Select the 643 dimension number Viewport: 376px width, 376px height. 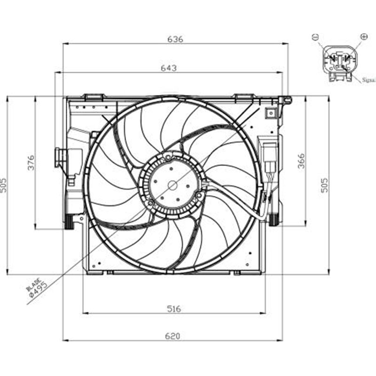pyautogui.click(x=168, y=68)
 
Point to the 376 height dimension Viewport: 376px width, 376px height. pyautogui.click(x=31, y=163)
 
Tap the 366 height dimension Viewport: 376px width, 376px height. pyautogui.click(x=301, y=162)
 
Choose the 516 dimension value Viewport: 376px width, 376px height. pyautogui.click(x=173, y=308)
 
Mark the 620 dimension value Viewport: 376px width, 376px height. pyautogui.click(x=173, y=336)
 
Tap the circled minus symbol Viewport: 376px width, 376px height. pyautogui.click(x=315, y=37)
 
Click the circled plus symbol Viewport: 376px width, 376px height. pyautogui.click(x=363, y=36)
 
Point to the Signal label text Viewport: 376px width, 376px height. pyautogui.click(x=369, y=80)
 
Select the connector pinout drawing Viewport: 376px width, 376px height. pyautogui.click(x=339, y=63)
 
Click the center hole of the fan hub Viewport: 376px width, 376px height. pyautogui.click(x=172, y=185)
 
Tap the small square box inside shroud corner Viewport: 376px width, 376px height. pyautogui.click(x=270, y=112)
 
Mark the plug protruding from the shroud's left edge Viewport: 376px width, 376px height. pyautogui.click(x=61, y=157)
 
